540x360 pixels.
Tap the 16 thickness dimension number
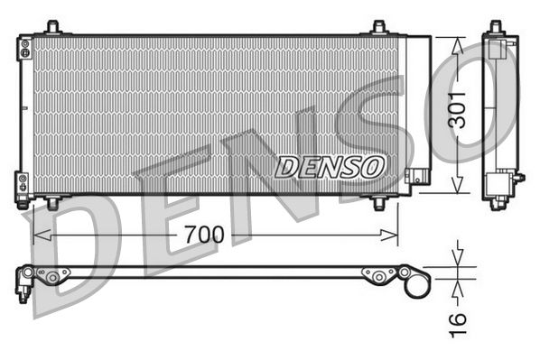[460, 318]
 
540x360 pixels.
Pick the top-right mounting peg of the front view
[379, 28]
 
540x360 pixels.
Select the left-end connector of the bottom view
[25, 281]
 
